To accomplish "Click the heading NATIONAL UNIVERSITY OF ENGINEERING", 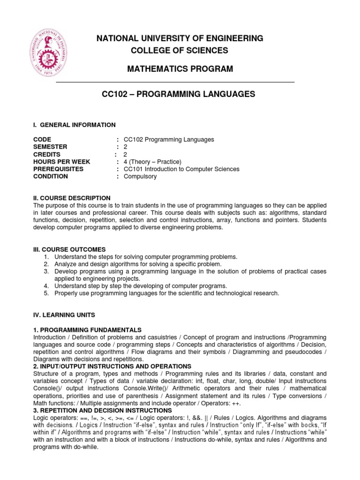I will click(180, 38).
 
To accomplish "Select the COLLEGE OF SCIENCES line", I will click(180, 51).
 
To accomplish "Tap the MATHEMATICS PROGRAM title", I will click(180, 69).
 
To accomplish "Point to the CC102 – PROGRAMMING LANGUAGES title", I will click(179, 94).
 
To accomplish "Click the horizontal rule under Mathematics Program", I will click(175, 82).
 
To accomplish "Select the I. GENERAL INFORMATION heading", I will click(74, 125).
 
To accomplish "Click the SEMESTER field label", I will click(51, 147).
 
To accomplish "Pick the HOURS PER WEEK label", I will click(62, 162).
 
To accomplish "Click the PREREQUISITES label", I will click(59, 169).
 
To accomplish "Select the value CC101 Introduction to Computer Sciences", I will click(181, 169).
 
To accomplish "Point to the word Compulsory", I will click(140, 176).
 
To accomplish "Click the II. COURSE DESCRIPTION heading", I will click(72, 198).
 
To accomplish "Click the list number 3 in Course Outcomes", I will click(46, 271).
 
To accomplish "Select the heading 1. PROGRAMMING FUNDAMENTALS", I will click(88, 330).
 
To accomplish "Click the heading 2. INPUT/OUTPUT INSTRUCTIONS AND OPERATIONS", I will click(112, 366).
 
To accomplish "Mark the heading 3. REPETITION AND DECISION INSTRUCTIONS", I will click(103, 410).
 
